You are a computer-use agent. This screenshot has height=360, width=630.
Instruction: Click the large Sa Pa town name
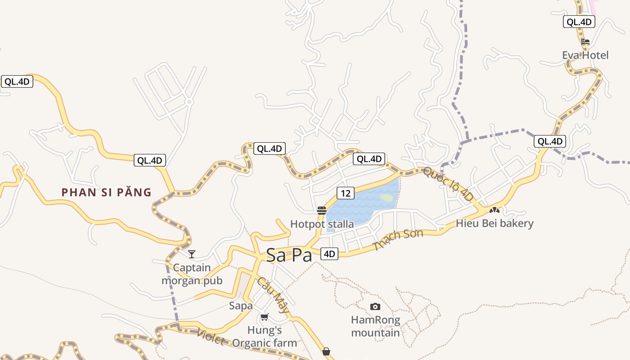click(x=289, y=255)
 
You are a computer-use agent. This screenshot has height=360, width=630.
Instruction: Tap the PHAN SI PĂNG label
click(x=106, y=193)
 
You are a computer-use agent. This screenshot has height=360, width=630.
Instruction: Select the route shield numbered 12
click(x=345, y=193)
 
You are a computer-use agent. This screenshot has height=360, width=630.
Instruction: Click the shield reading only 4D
click(x=329, y=254)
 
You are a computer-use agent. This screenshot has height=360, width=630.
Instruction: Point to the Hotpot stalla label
click(x=322, y=224)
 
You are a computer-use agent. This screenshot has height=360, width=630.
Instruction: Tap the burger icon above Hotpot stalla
click(x=322, y=211)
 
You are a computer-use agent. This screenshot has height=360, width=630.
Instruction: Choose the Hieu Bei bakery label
click(x=495, y=223)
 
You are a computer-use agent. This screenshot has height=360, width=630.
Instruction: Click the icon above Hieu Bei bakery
click(x=495, y=210)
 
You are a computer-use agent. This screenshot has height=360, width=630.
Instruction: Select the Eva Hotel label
click(x=585, y=55)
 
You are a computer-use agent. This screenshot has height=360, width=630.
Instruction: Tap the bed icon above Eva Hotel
click(x=585, y=42)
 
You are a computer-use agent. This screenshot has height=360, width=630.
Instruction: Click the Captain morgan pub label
click(x=192, y=274)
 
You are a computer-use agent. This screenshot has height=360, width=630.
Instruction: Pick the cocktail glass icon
click(x=192, y=254)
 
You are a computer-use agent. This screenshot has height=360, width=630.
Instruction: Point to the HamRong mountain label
click(x=375, y=327)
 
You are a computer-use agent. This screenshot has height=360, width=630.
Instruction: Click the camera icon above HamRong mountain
click(x=375, y=307)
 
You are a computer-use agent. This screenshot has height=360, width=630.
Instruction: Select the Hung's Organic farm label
click(x=265, y=337)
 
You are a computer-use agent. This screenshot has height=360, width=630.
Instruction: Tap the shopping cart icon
click(x=265, y=317)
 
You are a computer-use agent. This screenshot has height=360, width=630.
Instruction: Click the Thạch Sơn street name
click(x=398, y=240)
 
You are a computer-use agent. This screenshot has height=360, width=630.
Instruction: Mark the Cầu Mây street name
click(x=273, y=295)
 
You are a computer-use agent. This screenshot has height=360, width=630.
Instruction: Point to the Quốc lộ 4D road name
click(x=449, y=184)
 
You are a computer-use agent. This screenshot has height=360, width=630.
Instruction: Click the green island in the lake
click(x=386, y=198)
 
